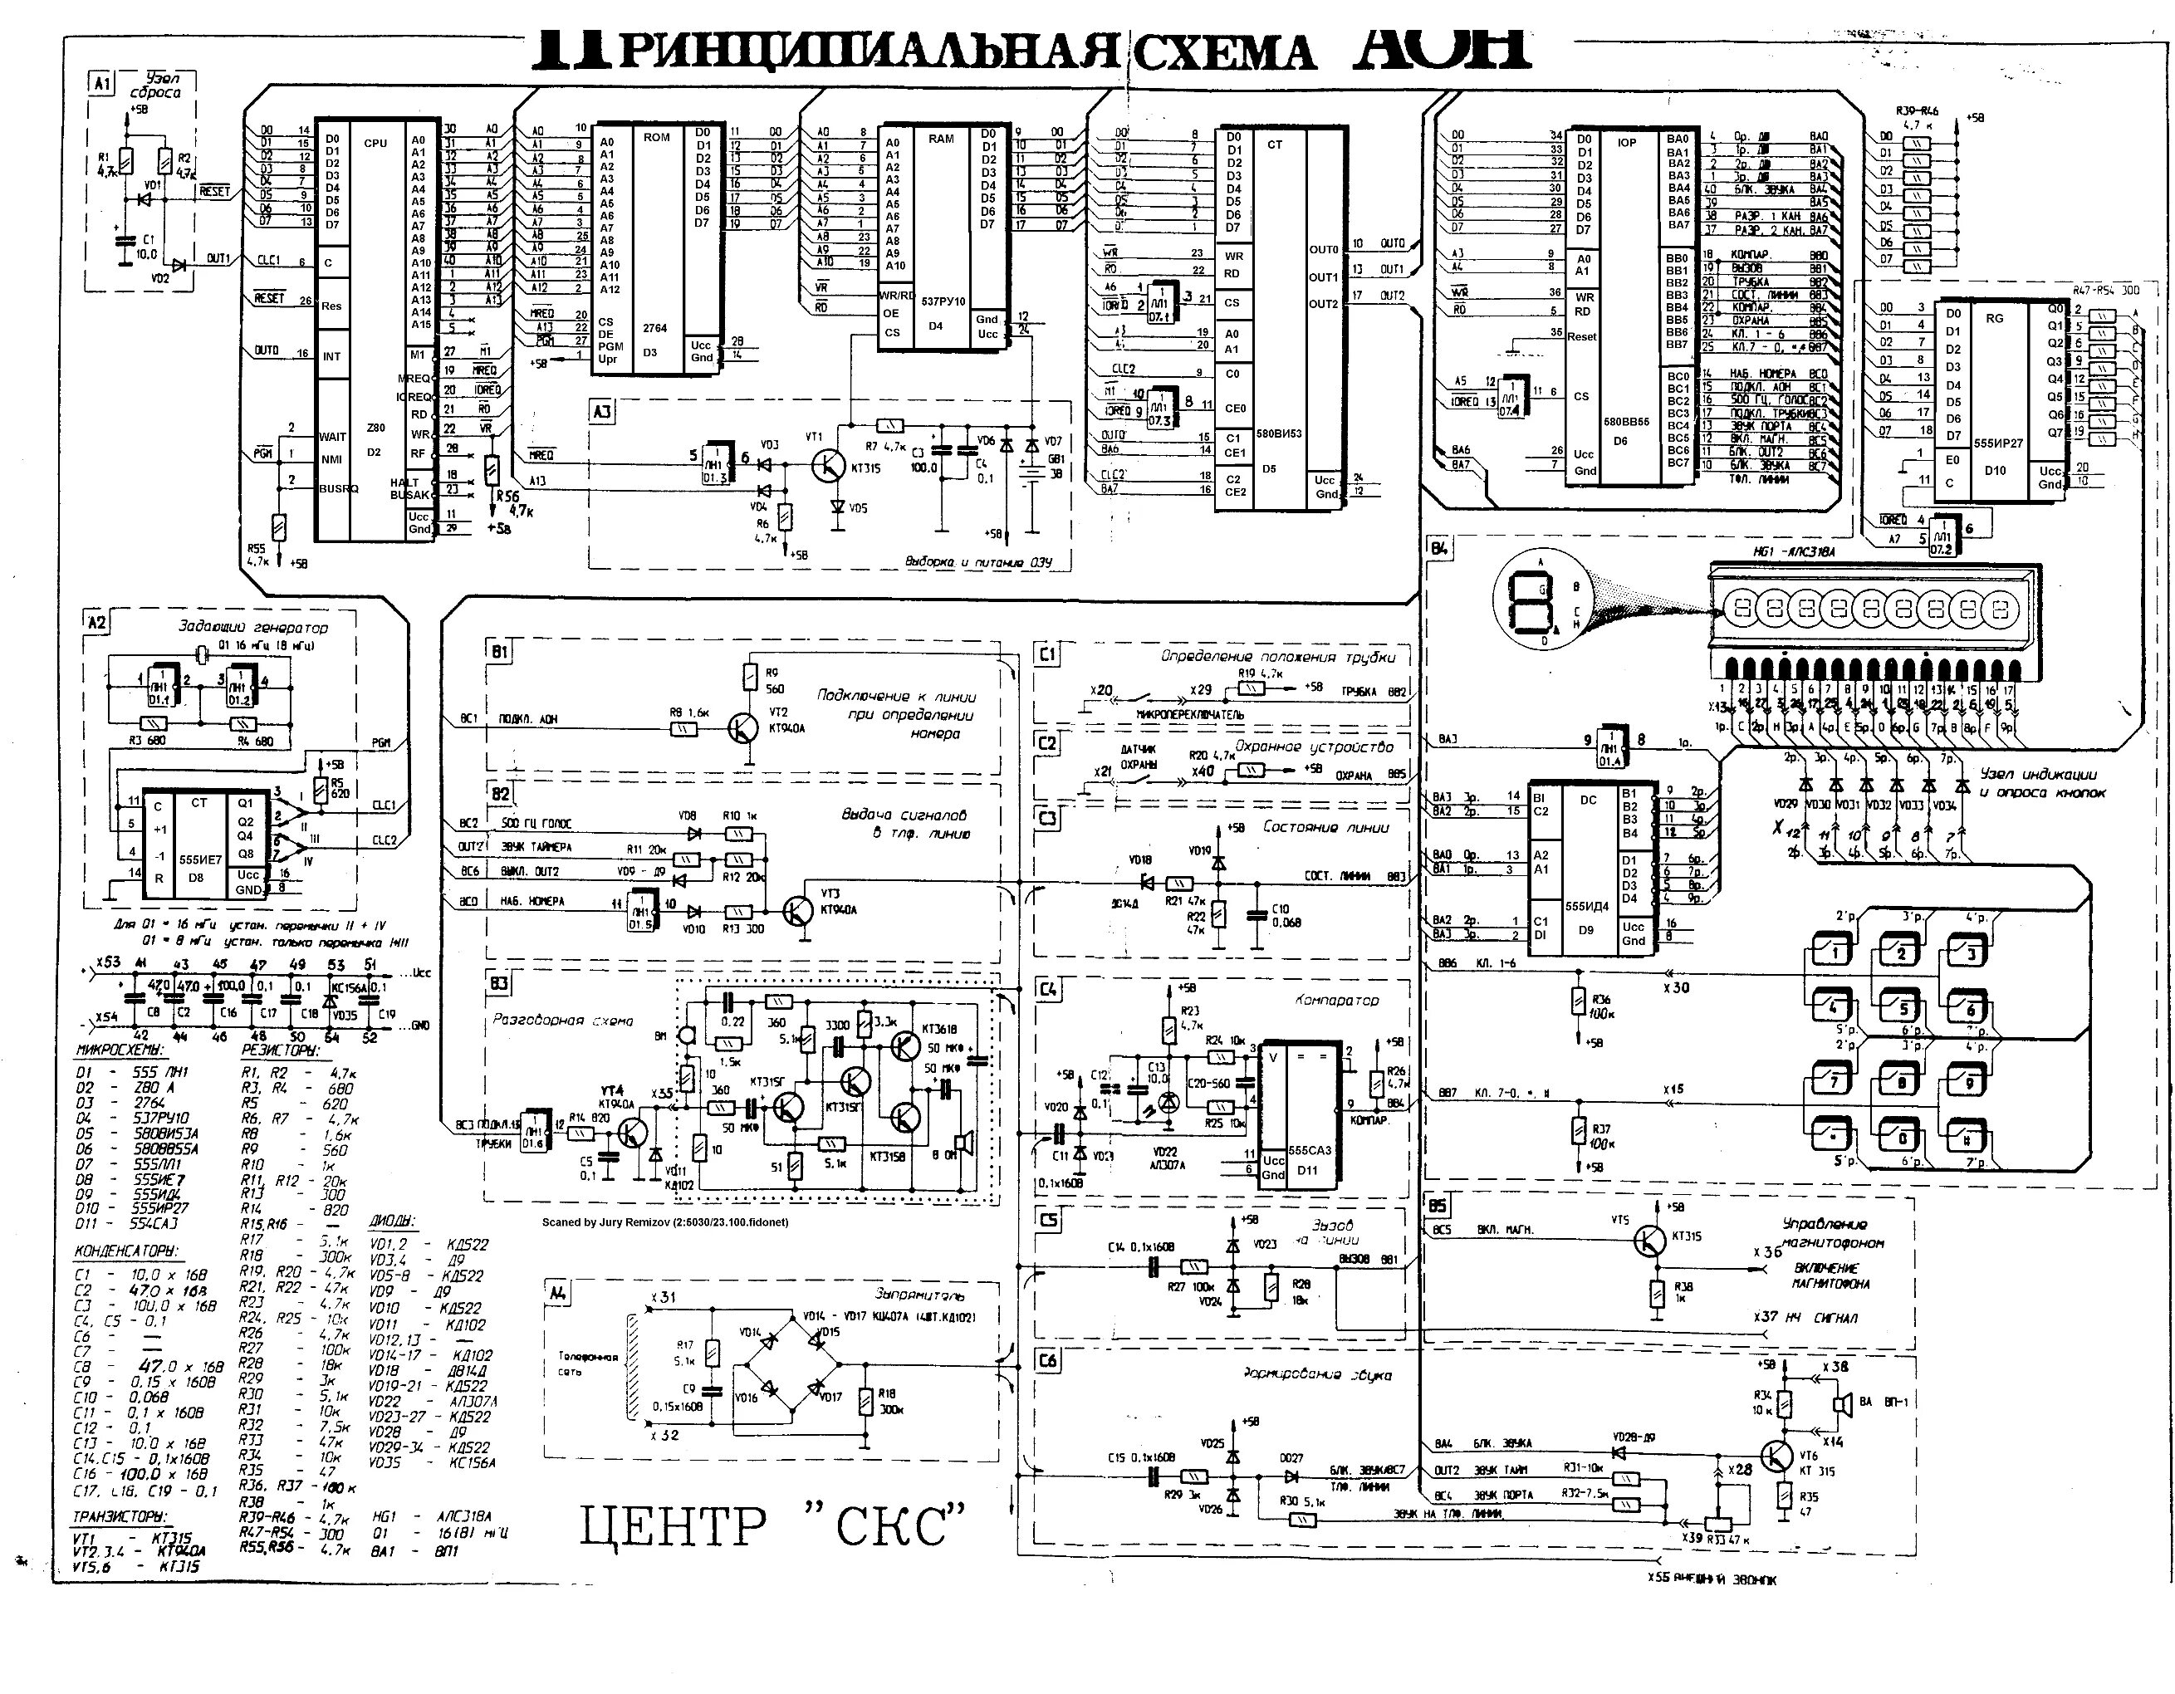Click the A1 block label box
(x=101, y=84)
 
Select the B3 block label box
(x=499, y=984)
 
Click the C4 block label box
(x=1048, y=990)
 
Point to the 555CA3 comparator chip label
(x=1309, y=1149)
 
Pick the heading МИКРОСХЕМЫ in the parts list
(x=120, y=1050)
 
